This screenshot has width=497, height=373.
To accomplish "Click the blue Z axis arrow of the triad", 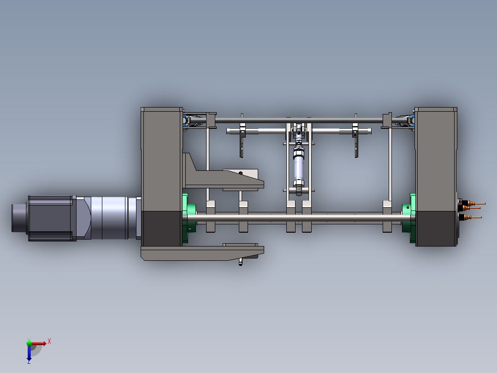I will click(x=29, y=355).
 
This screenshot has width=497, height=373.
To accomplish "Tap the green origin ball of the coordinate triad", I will click(x=29, y=343).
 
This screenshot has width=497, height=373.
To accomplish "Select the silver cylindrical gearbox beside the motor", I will click(x=108, y=218).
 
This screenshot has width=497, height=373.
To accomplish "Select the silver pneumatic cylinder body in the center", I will click(x=298, y=168).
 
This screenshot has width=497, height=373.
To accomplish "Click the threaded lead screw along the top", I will click(x=300, y=120).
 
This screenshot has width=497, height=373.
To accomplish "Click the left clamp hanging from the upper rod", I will click(x=242, y=143).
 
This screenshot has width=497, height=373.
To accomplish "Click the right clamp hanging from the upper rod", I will click(x=355, y=143).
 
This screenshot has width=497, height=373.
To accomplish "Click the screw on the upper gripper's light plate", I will click(x=240, y=173).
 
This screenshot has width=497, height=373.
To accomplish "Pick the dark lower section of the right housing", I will click(x=436, y=229).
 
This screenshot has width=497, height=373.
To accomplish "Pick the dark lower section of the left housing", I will click(x=161, y=229).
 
